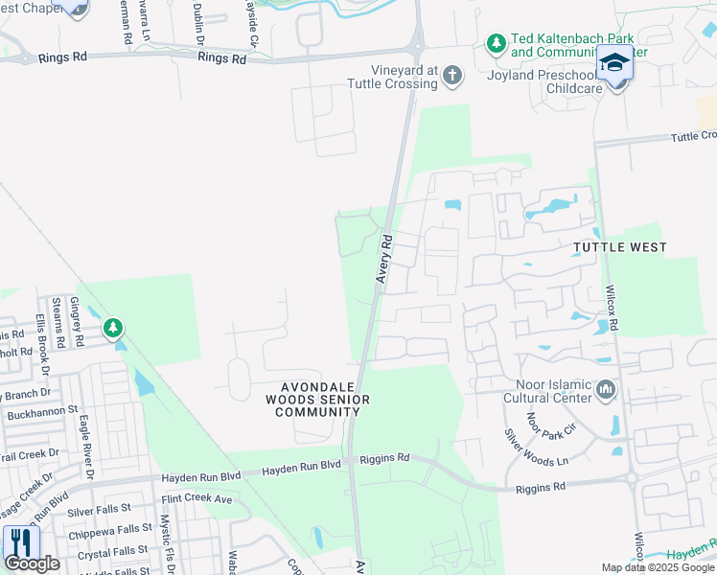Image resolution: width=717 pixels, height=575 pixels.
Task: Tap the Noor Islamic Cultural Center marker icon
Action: (x=606, y=390)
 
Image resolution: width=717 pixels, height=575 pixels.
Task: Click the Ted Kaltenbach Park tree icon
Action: (x=496, y=43)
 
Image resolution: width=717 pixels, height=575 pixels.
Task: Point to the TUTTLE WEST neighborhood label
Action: (x=619, y=247)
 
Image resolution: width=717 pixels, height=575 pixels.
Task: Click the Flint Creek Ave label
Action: (x=197, y=499)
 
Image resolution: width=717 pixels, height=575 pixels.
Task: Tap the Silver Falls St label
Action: (x=110, y=513)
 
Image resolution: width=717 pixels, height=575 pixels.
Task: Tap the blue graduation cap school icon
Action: (x=614, y=63)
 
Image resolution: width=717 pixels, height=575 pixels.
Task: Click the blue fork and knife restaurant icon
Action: (x=19, y=542)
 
